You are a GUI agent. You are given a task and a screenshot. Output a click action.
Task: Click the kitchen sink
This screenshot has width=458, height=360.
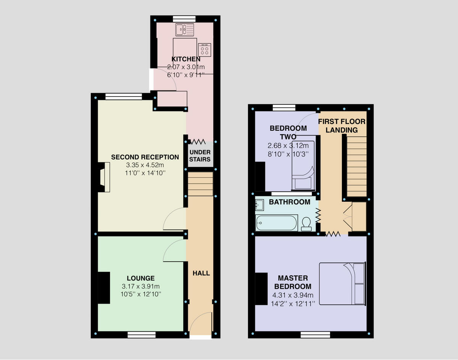click(x=185, y=29)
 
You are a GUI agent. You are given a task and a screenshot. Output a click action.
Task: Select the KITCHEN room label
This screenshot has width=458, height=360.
click(x=185, y=59)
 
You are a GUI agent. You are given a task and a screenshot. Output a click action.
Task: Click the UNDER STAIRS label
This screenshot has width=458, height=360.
click(x=200, y=156)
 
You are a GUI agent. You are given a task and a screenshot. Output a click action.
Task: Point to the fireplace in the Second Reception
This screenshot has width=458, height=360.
click(x=104, y=177)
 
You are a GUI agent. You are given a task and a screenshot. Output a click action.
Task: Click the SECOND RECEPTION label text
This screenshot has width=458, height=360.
click(x=145, y=157)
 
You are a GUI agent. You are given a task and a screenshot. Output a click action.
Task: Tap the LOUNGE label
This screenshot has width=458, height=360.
click(x=140, y=278)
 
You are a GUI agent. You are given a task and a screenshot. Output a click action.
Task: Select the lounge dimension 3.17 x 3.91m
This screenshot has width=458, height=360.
click(x=140, y=286)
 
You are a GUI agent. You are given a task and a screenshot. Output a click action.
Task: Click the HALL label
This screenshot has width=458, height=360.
click(x=201, y=273)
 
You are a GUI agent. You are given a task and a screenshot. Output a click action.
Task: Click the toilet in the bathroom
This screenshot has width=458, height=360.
click(x=306, y=224)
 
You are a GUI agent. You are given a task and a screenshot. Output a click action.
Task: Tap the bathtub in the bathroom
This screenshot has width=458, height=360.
click(x=277, y=223)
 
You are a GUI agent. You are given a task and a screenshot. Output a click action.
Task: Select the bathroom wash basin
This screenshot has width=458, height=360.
click(x=260, y=205)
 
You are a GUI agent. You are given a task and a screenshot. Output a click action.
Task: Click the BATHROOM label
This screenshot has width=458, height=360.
click(x=289, y=202)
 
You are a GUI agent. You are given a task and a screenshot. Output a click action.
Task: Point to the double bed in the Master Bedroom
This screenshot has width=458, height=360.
click(x=342, y=283)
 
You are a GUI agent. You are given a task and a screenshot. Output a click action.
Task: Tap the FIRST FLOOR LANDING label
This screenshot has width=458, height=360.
click(x=342, y=126)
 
